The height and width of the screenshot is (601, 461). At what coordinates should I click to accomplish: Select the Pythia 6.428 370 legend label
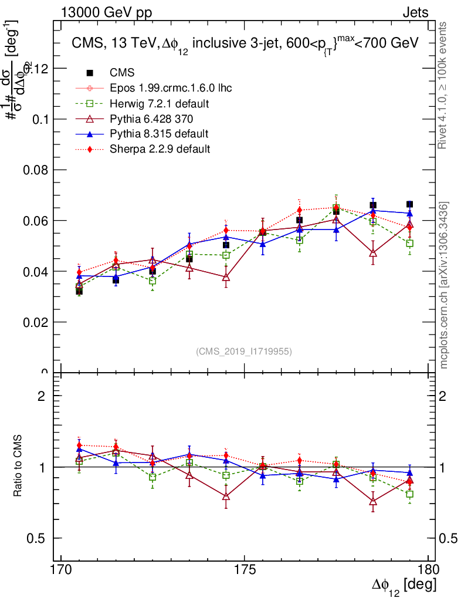(x=149, y=119)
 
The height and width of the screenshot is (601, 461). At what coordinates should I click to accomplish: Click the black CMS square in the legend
(x=90, y=73)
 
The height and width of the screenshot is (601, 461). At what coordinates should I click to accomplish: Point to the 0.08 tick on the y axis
(x=35, y=170)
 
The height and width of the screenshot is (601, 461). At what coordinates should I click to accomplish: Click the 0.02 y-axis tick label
(x=35, y=322)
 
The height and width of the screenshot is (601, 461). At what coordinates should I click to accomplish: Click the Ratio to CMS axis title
(x=18, y=467)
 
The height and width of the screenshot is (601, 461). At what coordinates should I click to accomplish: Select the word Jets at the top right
(x=415, y=13)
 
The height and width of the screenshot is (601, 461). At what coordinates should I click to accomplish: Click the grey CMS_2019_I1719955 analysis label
(x=244, y=352)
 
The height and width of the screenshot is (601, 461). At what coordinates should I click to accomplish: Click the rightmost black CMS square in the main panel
(x=409, y=204)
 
